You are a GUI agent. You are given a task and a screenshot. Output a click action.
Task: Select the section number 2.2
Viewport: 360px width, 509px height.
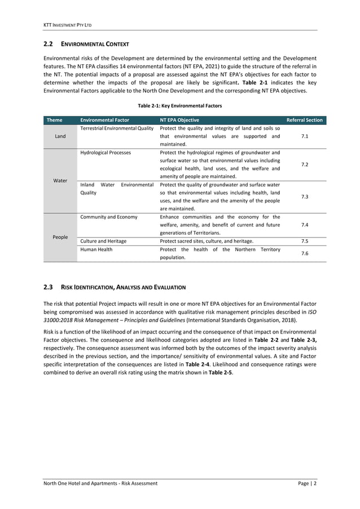tap(48, 44)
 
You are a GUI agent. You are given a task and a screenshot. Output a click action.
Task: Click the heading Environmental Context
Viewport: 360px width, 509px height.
tap(96, 44)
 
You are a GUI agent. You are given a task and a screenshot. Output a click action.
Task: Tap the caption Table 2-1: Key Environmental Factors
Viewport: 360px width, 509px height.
tap(180, 106)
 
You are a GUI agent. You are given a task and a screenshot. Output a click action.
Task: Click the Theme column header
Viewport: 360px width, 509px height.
tap(55, 120)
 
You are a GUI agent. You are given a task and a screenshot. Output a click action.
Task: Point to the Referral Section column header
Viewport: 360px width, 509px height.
tap(304, 120)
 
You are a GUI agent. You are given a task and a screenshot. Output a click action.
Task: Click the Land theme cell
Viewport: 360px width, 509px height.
tap(60, 136)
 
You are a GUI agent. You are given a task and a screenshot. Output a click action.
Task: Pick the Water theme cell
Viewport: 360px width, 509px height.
tap(60, 181)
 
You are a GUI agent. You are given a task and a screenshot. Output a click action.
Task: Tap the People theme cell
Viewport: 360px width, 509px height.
tap(60, 237)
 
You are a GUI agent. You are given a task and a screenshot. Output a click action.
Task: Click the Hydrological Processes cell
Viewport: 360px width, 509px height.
tap(106, 152)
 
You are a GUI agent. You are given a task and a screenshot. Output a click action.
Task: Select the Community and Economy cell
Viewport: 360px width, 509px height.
tap(108, 217)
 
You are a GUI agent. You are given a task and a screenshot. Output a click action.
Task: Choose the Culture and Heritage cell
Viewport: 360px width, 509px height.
tap(104, 241)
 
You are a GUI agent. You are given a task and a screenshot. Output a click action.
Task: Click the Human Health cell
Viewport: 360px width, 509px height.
tap(96, 249)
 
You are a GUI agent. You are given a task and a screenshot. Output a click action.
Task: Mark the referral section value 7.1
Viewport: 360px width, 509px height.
tap(304, 136)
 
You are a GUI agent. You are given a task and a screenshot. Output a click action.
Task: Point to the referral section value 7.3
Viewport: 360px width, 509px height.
tap(304, 196)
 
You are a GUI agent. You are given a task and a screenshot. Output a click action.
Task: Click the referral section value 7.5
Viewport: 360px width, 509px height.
tap(304, 241)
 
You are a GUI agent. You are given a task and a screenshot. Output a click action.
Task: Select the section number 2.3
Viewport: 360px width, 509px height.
tap(48, 287)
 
